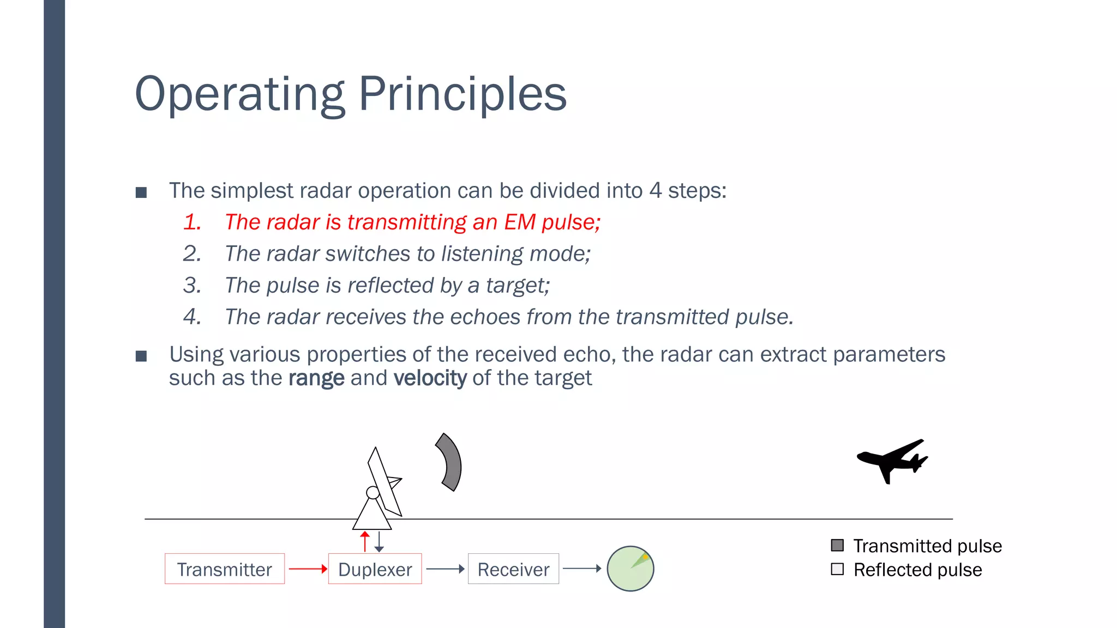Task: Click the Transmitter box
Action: [x=224, y=569]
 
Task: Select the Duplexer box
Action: [x=375, y=569]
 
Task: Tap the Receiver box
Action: [x=513, y=569]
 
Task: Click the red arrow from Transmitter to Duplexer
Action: [x=308, y=569]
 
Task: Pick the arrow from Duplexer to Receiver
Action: [x=445, y=569]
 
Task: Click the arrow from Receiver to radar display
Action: [x=582, y=568]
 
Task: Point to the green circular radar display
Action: [x=630, y=569]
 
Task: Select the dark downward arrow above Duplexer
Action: [x=379, y=542]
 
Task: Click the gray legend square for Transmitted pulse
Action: [x=837, y=545]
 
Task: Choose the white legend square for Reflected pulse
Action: [x=837, y=569]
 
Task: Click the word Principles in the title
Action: [x=462, y=94]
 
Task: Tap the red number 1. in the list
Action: [x=192, y=222]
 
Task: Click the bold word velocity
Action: [x=430, y=378]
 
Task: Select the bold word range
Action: [x=316, y=378]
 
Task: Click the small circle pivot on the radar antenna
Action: [x=373, y=493]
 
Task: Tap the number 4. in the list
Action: [x=192, y=317]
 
